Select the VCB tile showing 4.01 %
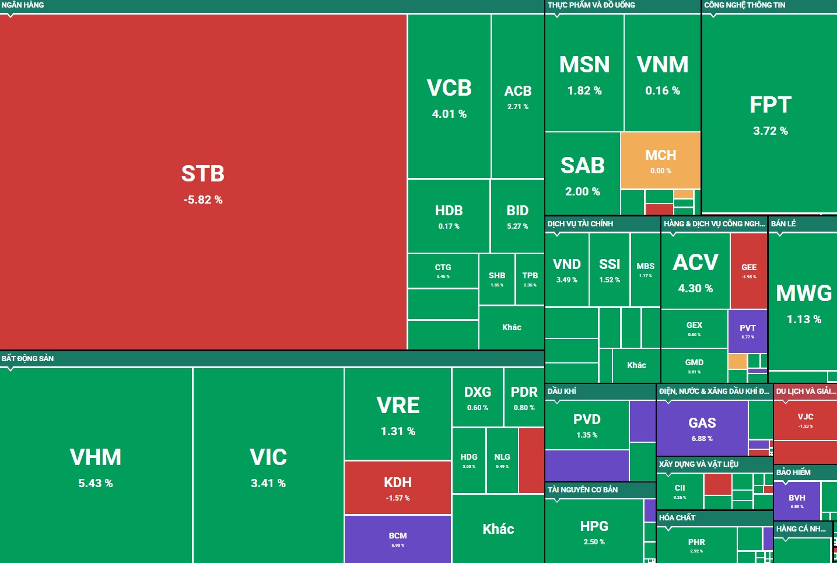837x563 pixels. point(449,97)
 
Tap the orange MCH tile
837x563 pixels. point(660,160)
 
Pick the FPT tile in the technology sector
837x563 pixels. point(770,114)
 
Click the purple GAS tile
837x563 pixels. point(702,428)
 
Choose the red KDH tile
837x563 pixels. point(397,488)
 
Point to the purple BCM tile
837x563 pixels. point(397,538)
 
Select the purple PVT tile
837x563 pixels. point(747,331)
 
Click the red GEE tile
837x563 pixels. point(748,270)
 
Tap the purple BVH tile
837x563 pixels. point(796,500)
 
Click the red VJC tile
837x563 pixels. point(805,419)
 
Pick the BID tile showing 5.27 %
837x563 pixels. point(517,215)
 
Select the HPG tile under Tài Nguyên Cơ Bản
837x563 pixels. point(594,531)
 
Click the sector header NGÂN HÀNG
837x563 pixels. point(23,5)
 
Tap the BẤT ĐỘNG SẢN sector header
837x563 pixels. point(27,358)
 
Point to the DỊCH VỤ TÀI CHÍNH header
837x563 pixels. point(580,223)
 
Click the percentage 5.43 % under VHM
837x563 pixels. point(96,483)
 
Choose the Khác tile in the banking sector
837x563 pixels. point(512,327)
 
